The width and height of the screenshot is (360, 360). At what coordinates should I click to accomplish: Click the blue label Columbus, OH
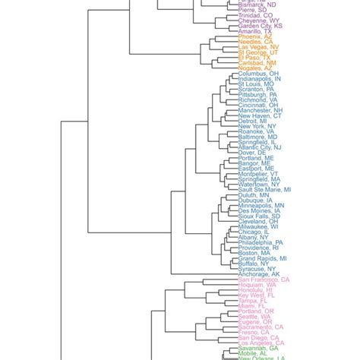(257, 73)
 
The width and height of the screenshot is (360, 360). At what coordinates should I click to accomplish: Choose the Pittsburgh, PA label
(257, 94)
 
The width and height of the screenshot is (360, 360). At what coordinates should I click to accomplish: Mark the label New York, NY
(254, 125)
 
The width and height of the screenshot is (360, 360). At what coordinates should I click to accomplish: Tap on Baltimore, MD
(257, 136)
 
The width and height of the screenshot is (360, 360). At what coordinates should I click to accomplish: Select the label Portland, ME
(255, 157)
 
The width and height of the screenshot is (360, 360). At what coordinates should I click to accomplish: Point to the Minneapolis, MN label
(261, 205)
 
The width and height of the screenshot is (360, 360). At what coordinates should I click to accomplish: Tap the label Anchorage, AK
(258, 273)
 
